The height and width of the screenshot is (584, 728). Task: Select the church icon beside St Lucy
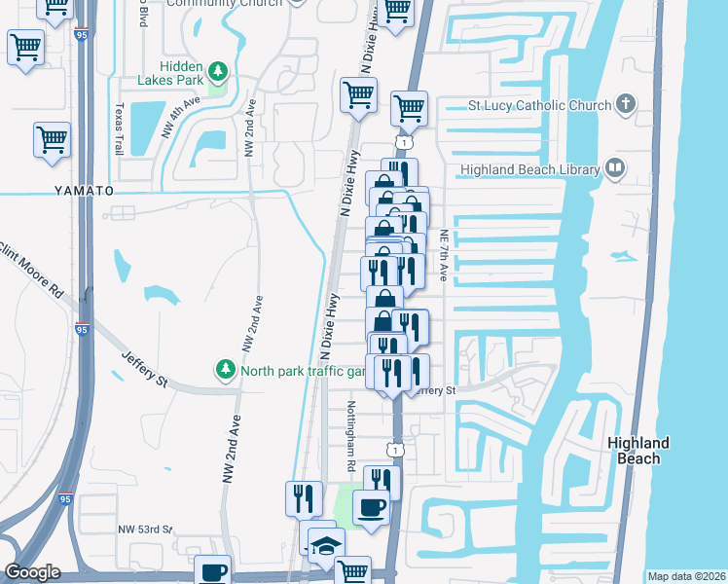pos(626,104)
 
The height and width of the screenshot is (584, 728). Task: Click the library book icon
pos(614,168)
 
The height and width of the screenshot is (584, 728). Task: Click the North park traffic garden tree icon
pos(225,370)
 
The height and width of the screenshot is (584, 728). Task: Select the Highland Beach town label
pos(637,450)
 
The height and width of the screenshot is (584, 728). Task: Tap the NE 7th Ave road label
pos(443,256)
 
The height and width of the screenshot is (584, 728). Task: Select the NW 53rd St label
pos(145,529)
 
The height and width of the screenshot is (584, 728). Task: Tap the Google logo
pos(32,572)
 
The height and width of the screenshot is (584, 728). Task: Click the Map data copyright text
pos(685,576)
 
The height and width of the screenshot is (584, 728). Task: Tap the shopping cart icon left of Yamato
pos(52,139)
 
